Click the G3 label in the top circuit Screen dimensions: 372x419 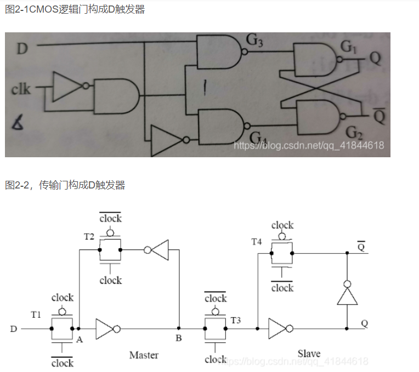255,41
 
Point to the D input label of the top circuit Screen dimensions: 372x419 22,49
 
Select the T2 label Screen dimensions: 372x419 89,237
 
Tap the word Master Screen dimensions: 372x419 144,355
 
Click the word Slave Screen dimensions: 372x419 309,353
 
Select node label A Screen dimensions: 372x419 80,340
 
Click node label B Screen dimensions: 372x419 178,339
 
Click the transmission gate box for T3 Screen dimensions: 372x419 215,329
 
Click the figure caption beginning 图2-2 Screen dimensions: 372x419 65,185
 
